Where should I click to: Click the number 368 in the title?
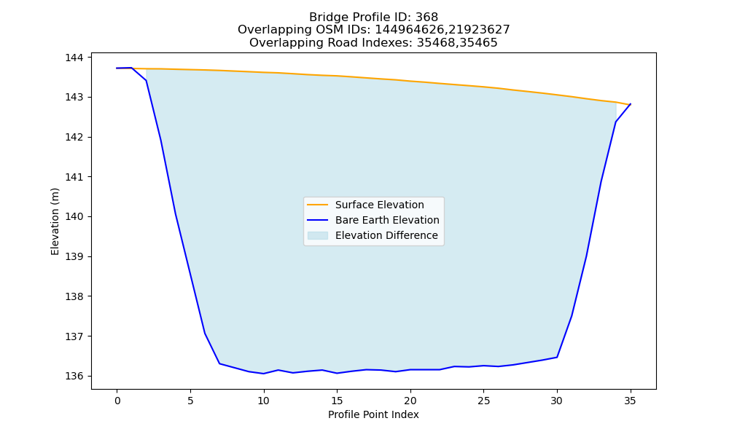point(426,17)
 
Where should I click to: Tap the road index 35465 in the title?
point(478,43)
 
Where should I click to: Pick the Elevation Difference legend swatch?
point(317,235)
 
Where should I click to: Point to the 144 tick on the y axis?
point(74,58)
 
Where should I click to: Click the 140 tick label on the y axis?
point(74,217)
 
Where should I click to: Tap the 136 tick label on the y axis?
point(74,376)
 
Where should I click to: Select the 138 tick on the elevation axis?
point(74,296)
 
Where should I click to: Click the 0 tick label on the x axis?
point(117,401)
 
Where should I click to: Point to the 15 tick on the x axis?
point(337,401)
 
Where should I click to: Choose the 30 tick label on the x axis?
point(556,401)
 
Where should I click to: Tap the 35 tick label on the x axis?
point(630,401)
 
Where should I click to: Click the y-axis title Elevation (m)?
point(55,221)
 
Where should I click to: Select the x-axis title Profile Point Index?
point(373,414)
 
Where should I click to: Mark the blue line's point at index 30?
point(557,357)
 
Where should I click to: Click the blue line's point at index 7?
point(219,363)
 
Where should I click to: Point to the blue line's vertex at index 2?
point(147,80)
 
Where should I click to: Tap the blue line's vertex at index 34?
point(615,122)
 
